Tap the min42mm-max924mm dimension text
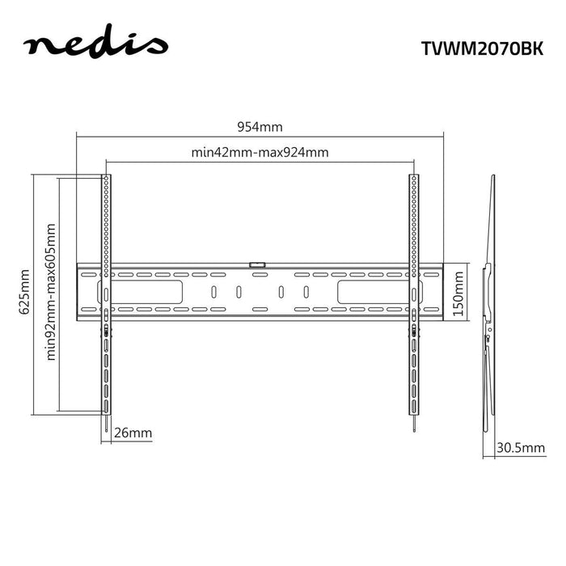point(260,152)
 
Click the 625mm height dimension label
point(24,293)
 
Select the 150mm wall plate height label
point(458,292)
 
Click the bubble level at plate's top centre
point(258,263)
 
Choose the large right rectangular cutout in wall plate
point(372,291)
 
